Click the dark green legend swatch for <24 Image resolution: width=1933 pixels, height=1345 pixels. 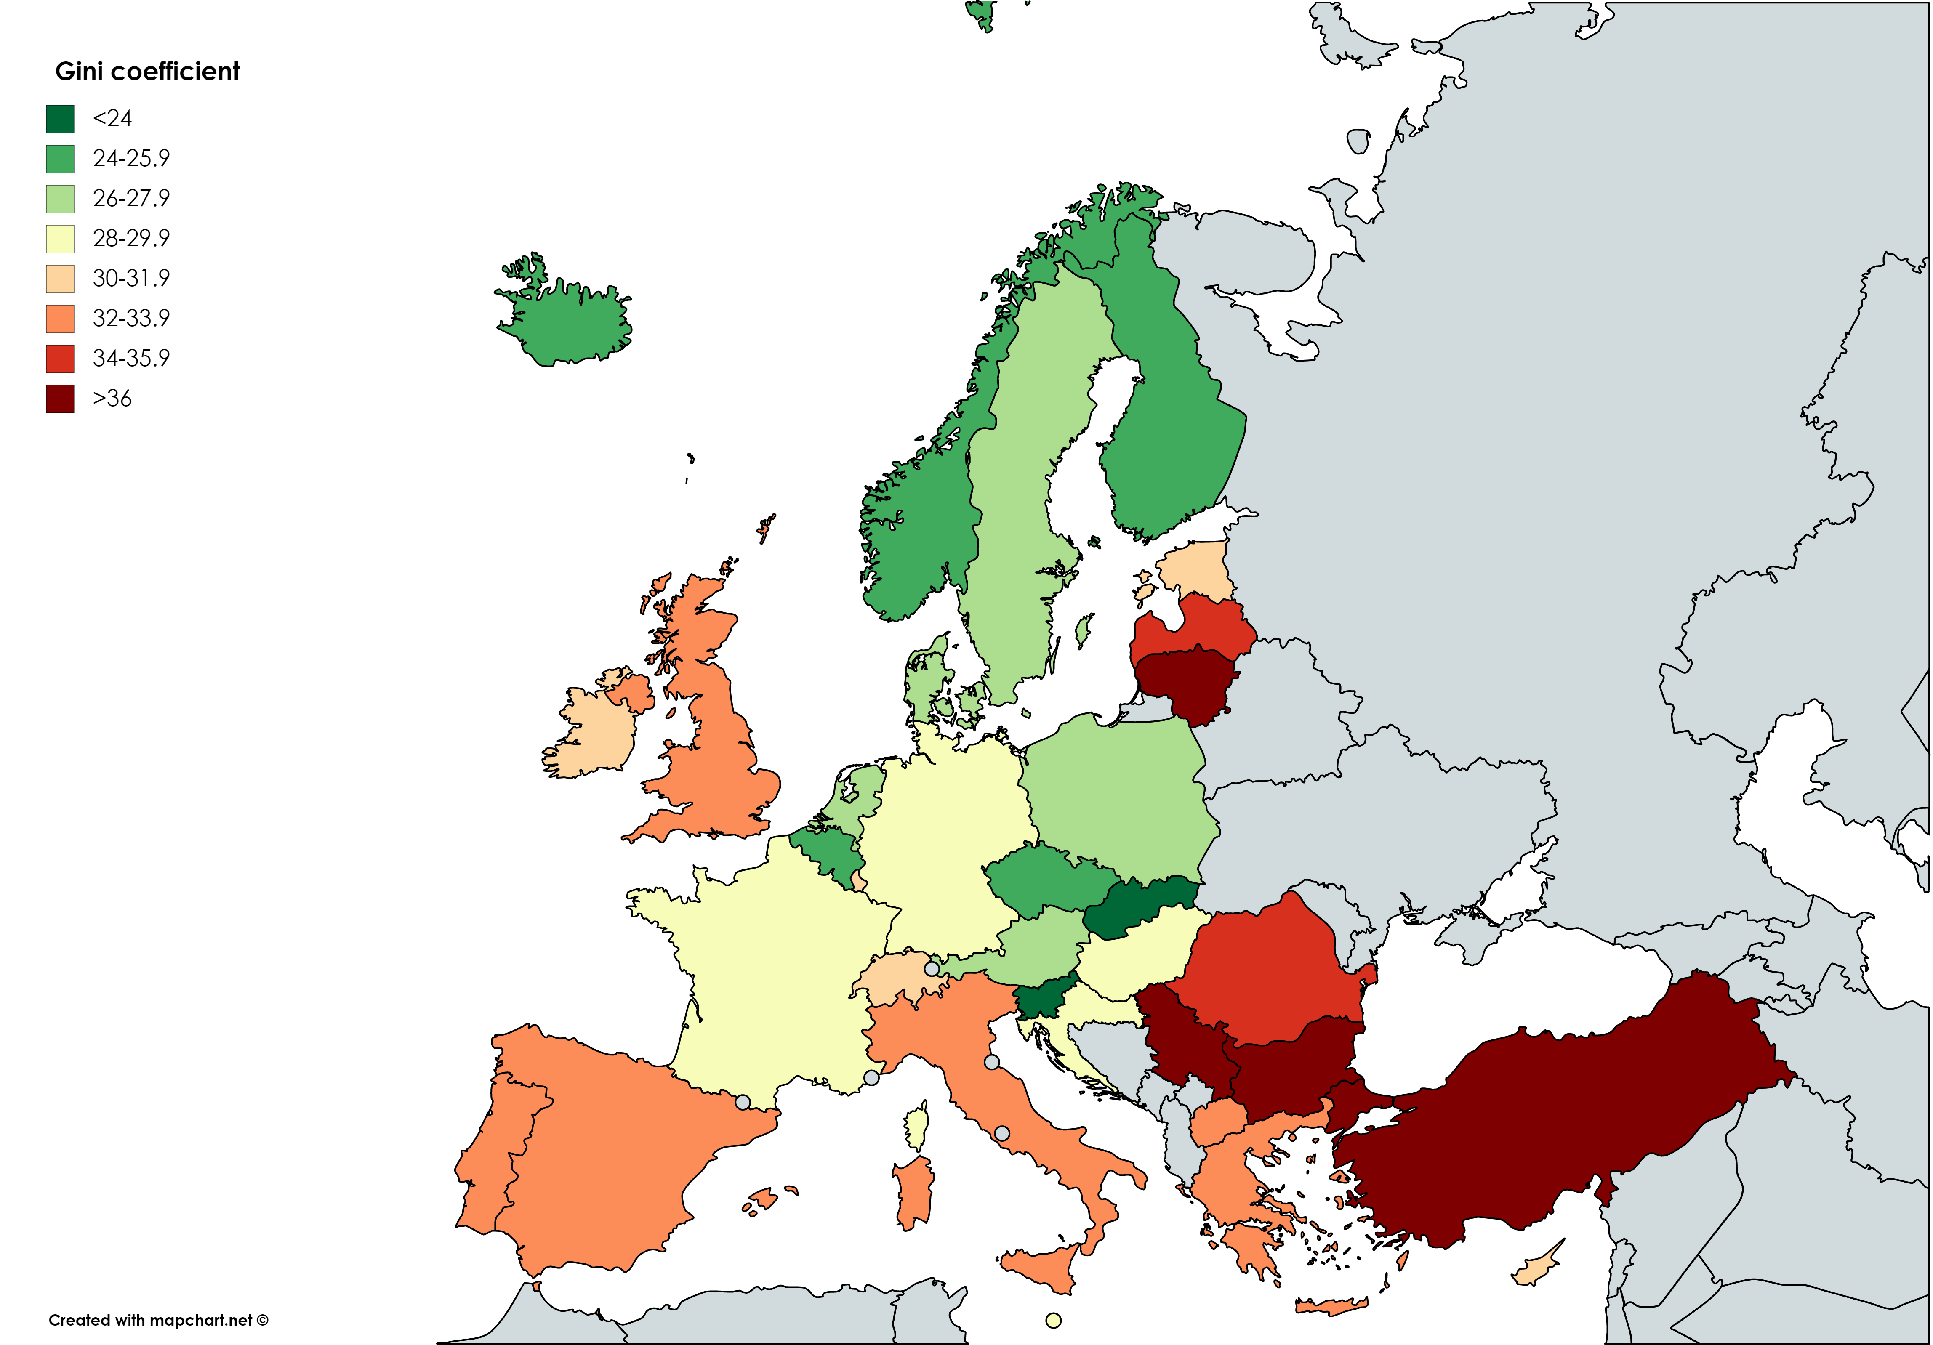click(x=60, y=119)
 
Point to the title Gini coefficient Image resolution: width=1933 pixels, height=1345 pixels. click(x=147, y=72)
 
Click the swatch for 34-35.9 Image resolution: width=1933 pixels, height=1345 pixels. click(x=60, y=359)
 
